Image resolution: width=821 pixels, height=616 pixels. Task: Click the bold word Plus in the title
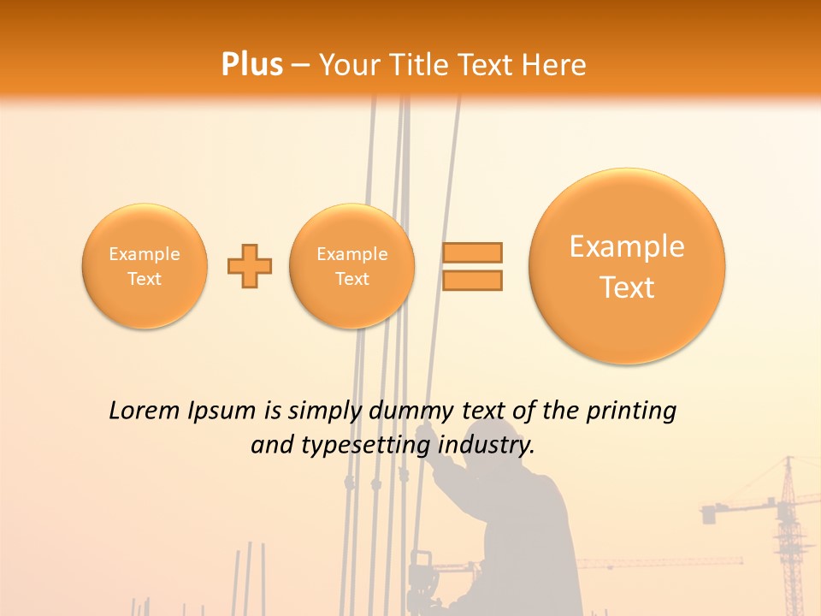(x=251, y=64)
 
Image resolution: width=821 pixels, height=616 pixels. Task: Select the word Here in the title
(x=555, y=65)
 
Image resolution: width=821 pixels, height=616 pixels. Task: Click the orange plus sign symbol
(x=250, y=266)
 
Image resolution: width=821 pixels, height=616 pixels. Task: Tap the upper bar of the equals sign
(x=471, y=252)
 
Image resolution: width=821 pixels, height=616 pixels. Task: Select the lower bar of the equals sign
(x=471, y=280)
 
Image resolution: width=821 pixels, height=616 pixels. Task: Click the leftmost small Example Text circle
(x=145, y=266)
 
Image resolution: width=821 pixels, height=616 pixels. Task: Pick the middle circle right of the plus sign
(x=352, y=266)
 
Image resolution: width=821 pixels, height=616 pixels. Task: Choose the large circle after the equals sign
(x=627, y=266)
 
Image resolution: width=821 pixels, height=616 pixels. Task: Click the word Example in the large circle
(x=627, y=247)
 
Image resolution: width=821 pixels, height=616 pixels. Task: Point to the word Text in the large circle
(x=627, y=287)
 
